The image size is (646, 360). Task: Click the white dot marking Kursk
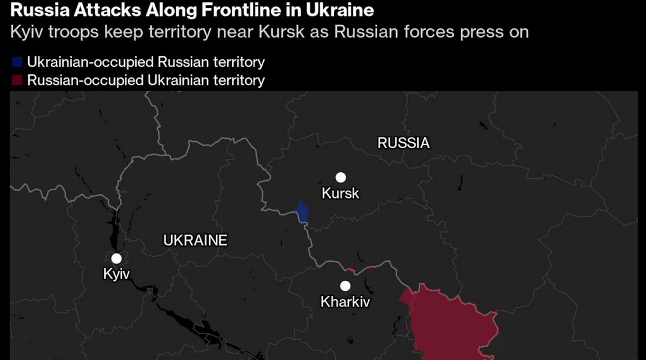point(341,177)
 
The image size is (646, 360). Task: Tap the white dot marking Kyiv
point(116,259)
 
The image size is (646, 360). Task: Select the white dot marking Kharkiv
point(345,286)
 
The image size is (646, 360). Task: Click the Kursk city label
point(341,193)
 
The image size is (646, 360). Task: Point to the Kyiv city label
point(116,275)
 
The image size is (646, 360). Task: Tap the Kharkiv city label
point(345,302)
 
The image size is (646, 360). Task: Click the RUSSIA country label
point(404,143)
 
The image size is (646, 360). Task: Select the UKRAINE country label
point(196,241)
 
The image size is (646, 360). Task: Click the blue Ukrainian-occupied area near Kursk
point(302,212)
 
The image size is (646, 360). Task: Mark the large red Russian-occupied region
point(450,321)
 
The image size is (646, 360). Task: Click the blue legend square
point(17,62)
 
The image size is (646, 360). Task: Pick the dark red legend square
point(17,80)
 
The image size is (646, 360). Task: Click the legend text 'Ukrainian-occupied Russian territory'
point(146,62)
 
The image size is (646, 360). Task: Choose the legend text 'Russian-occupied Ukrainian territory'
point(146,80)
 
